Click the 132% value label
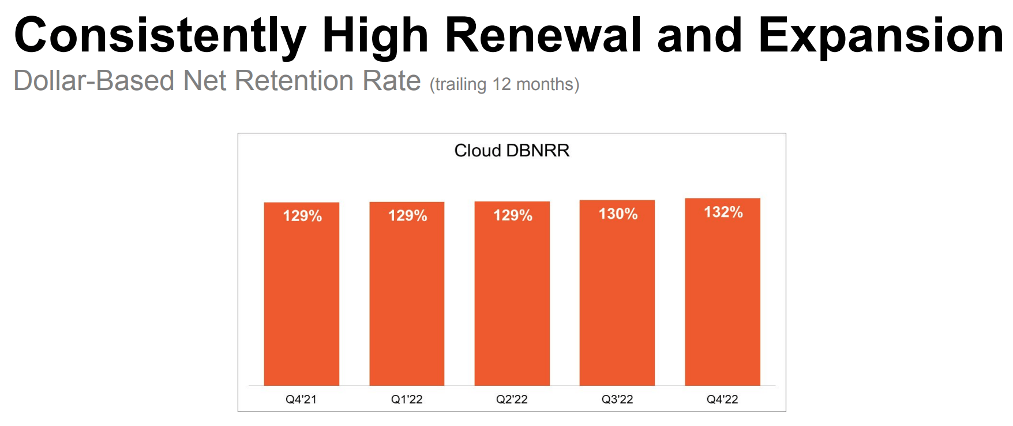tap(723, 212)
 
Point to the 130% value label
tap(618, 214)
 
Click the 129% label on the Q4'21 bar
tap(302, 216)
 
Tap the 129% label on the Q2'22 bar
tap(513, 215)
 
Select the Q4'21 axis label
tap(301, 399)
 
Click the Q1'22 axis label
tap(407, 399)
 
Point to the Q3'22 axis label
tap(617, 399)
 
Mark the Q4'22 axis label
tap(722, 399)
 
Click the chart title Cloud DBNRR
tap(512, 151)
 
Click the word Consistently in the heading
tap(159, 36)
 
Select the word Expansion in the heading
tap(881, 36)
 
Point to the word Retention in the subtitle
tap(294, 81)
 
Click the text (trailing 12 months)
tap(504, 84)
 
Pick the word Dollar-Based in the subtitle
tap(93, 81)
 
